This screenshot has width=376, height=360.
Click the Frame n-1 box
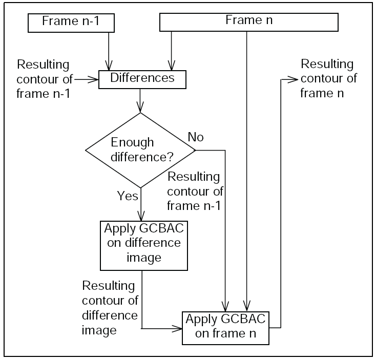[x=70, y=22]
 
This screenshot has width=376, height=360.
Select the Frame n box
[x=249, y=22]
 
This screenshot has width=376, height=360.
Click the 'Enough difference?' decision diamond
[x=140, y=150]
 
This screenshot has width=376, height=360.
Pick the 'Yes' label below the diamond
[x=127, y=195]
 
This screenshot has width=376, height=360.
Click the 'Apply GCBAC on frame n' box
[x=225, y=327]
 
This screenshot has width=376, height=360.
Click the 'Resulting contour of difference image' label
[x=110, y=307]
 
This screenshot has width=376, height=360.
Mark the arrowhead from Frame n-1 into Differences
[x=109, y=67]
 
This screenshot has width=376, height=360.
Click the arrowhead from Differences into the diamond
[x=140, y=109]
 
